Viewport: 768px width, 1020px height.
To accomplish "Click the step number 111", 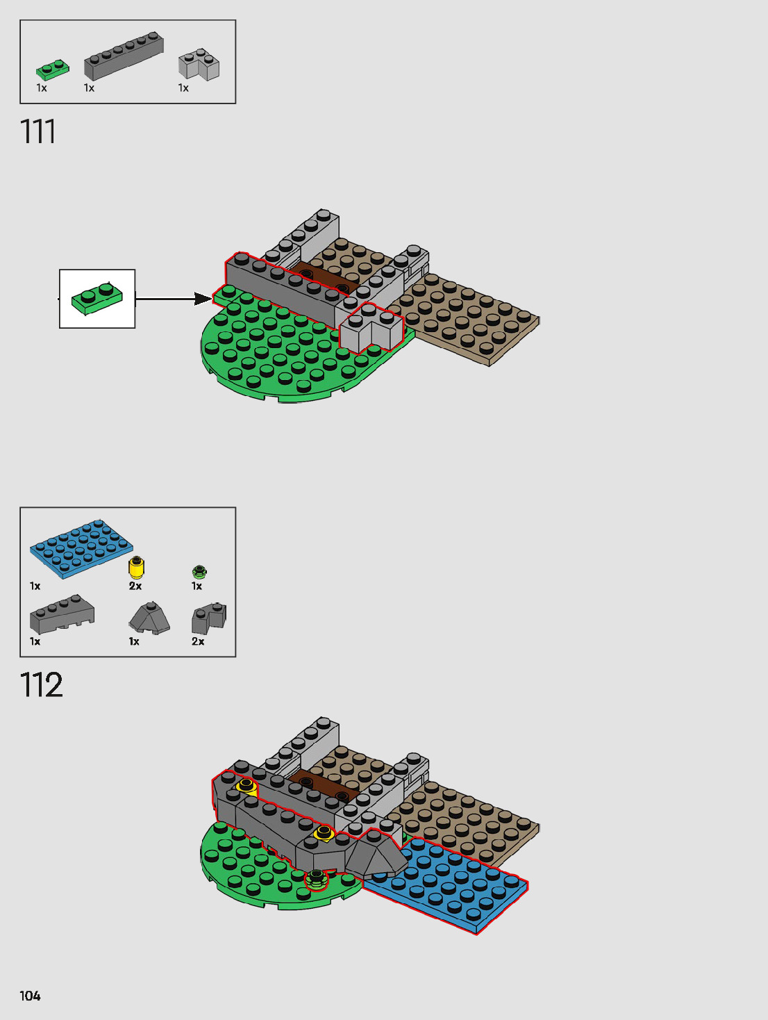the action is click(x=37, y=131).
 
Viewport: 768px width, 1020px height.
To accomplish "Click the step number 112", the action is click(x=41, y=685).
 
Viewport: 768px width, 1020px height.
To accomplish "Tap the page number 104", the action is click(x=30, y=996).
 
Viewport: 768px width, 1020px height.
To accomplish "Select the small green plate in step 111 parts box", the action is click(x=53, y=69).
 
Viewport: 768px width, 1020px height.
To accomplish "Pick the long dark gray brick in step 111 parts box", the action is click(x=124, y=55).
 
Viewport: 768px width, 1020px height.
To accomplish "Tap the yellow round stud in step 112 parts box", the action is click(x=136, y=568).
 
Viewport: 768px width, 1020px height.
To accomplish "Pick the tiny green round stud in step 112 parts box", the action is click(x=199, y=572).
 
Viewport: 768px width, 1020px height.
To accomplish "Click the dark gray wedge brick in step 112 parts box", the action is click(x=62, y=615).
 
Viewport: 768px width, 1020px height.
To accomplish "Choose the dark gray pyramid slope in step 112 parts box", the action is click(x=149, y=618).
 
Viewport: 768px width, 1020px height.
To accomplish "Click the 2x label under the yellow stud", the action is click(x=135, y=586).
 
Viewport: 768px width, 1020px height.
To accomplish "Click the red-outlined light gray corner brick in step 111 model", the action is click(x=372, y=329).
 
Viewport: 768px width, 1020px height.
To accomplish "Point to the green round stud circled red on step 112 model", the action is click(x=317, y=879).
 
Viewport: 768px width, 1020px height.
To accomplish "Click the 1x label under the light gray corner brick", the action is click(x=183, y=88).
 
